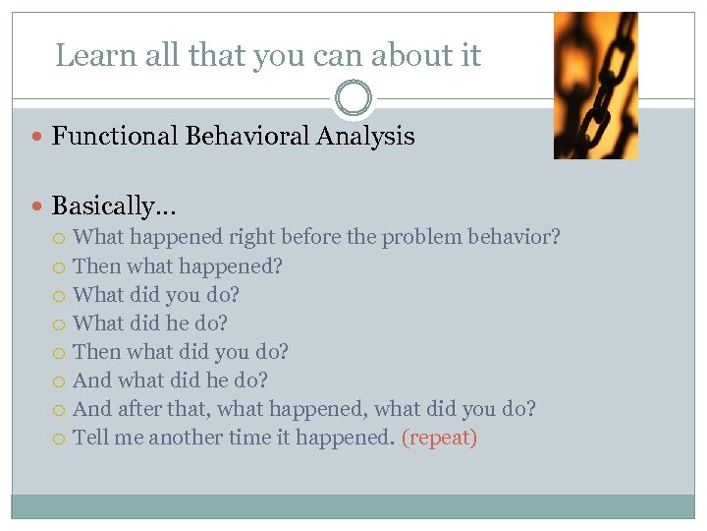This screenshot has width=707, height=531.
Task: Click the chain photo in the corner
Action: [595, 86]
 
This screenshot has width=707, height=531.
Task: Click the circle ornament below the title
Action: [353, 98]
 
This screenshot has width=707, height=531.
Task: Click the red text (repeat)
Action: [439, 439]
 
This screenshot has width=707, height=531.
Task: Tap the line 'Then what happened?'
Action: [177, 266]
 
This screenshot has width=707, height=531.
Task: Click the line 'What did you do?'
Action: [156, 295]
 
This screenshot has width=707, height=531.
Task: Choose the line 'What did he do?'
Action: [150, 324]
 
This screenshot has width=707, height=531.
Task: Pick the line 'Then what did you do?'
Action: [181, 352]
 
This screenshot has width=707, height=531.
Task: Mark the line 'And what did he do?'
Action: [170, 381]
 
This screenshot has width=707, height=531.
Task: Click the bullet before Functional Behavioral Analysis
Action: [38, 138]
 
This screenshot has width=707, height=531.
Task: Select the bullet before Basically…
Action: [38, 206]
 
